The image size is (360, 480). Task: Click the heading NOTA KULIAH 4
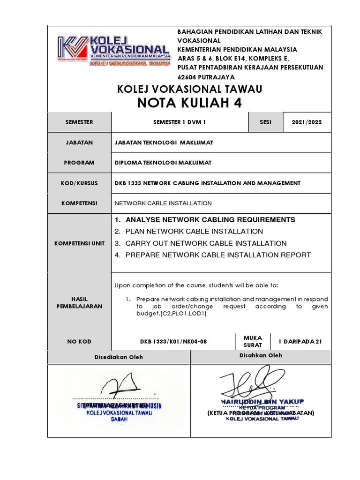click(x=189, y=103)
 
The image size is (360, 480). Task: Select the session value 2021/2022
click(x=307, y=122)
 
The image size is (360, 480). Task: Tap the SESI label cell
click(x=266, y=122)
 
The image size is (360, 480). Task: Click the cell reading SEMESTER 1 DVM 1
click(x=180, y=122)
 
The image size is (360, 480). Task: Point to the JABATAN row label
click(x=79, y=142)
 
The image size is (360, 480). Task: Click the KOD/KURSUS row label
click(x=79, y=183)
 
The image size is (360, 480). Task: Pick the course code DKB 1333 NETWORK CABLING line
click(x=208, y=183)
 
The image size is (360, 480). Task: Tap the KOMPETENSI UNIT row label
click(x=79, y=243)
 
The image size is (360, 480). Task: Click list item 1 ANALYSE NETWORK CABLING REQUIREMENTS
click(x=205, y=219)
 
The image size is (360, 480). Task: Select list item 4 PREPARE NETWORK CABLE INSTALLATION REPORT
click(x=212, y=255)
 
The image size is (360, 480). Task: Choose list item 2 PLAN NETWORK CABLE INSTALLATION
click(x=189, y=231)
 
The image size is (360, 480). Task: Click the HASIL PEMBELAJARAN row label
click(x=79, y=302)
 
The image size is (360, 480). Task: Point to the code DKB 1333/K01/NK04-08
click(x=173, y=342)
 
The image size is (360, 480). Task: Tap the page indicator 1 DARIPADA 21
click(x=300, y=342)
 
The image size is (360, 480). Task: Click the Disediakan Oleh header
click(x=119, y=357)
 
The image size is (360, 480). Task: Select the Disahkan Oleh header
click(x=261, y=355)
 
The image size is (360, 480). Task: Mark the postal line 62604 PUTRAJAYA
click(x=206, y=77)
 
